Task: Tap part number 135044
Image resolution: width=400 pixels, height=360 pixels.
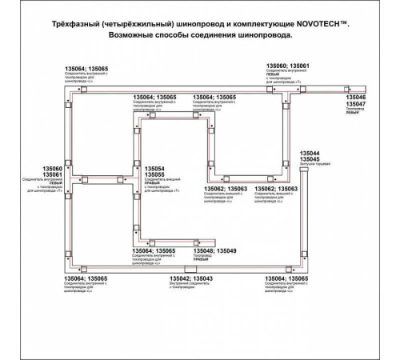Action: click(310, 152)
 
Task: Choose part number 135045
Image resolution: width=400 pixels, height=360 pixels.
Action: click(310, 159)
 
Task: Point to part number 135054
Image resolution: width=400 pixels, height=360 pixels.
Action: click(155, 169)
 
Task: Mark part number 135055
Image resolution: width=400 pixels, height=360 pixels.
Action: click(155, 175)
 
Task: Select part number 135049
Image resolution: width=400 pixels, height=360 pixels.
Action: click(228, 250)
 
